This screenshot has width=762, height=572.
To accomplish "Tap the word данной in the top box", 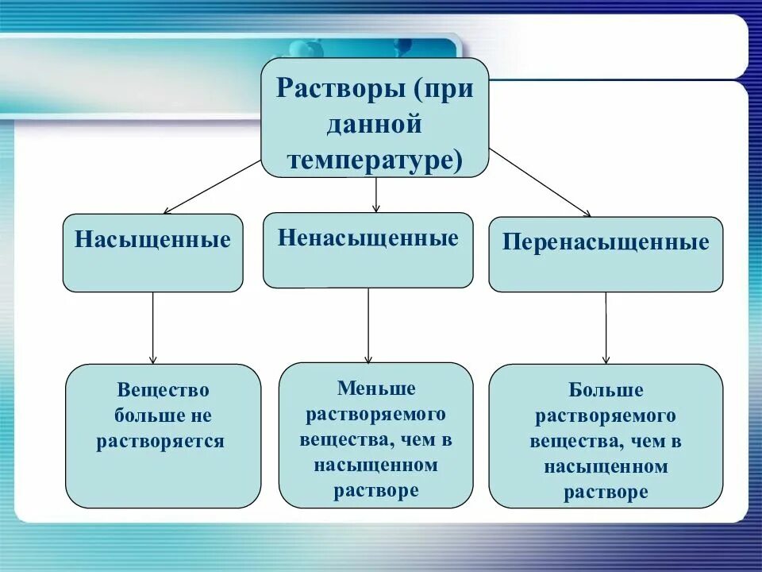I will [375, 124].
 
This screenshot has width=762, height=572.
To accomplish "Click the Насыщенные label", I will [152, 239].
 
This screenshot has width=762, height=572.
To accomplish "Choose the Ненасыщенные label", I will [368, 238].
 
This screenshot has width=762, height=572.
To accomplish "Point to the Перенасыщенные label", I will [606, 242].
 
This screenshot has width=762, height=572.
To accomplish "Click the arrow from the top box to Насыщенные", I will [212, 187].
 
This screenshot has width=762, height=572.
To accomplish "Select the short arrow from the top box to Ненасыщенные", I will [376, 195].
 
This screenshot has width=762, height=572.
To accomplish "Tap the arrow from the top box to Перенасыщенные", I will [540, 182].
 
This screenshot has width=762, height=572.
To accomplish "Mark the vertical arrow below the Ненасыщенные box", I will [368, 325].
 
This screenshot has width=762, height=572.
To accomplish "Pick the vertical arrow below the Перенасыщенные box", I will [606, 327].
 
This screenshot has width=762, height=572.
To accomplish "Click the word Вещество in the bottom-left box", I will [163, 390].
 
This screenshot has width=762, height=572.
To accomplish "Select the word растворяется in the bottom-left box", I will [161, 441].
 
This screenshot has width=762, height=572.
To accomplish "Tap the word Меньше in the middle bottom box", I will [376, 388].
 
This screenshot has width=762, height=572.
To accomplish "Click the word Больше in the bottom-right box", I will [606, 391].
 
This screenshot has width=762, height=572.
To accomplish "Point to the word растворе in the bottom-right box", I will [606, 492].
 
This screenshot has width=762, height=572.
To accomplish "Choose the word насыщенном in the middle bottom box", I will [376, 465].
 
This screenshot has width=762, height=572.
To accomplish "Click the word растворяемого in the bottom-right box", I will [606, 415].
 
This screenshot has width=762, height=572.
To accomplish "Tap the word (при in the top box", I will [442, 87].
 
